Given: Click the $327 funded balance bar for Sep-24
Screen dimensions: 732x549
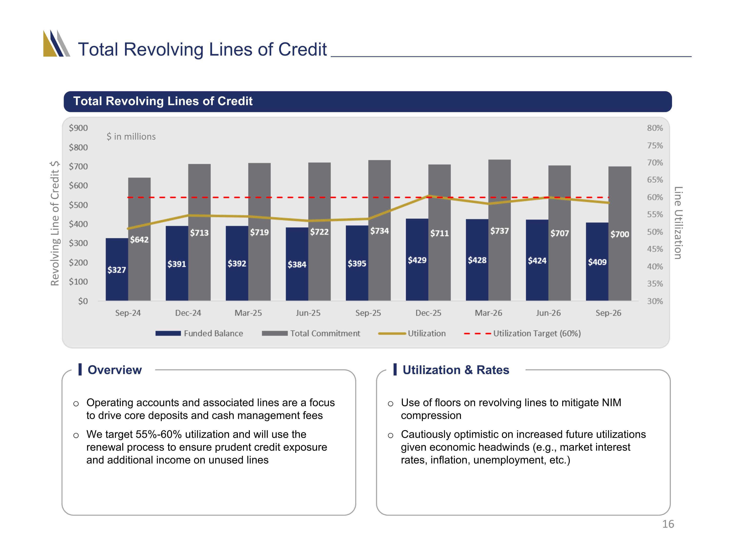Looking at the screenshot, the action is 117,269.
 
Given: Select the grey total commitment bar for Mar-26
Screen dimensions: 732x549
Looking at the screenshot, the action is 499,230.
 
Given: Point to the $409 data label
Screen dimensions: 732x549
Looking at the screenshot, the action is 597,262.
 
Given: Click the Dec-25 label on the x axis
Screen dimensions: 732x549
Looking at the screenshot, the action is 428,313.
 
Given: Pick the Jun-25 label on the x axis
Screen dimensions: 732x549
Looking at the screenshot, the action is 308,313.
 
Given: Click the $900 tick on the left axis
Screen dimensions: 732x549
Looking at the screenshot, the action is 78,128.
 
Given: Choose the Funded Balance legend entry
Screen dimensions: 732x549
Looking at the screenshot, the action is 199,333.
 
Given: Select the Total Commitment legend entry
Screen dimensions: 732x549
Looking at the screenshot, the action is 311,333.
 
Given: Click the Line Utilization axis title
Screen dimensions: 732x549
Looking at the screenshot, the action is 678,223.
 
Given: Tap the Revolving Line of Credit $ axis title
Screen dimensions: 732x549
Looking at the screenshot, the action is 55,223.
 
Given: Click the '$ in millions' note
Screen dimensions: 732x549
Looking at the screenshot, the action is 131,136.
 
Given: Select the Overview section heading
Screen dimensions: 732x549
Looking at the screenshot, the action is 114,370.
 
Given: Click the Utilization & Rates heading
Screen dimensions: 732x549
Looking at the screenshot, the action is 456,370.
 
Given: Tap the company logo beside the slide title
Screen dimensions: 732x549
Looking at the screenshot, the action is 57,43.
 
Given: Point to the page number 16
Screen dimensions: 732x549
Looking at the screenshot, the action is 668,524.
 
